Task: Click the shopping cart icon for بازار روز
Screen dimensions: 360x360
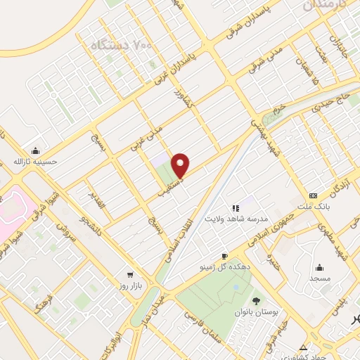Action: (130, 275)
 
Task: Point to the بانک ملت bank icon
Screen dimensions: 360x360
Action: (313, 195)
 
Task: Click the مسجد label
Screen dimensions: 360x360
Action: (320, 278)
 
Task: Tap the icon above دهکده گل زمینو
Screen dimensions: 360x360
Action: (224, 256)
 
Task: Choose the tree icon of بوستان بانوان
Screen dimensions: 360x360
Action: (255, 300)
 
